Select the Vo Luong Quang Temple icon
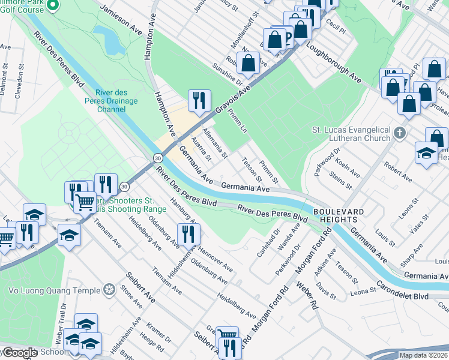pyautogui.click(x=109, y=290)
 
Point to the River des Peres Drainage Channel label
pyautogui.click(x=119, y=101)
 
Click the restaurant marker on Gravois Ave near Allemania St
pyautogui.click(x=199, y=101)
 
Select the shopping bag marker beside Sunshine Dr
pyautogui.click(x=248, y=63)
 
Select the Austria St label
pyautogui.click(x=200, y=149)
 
